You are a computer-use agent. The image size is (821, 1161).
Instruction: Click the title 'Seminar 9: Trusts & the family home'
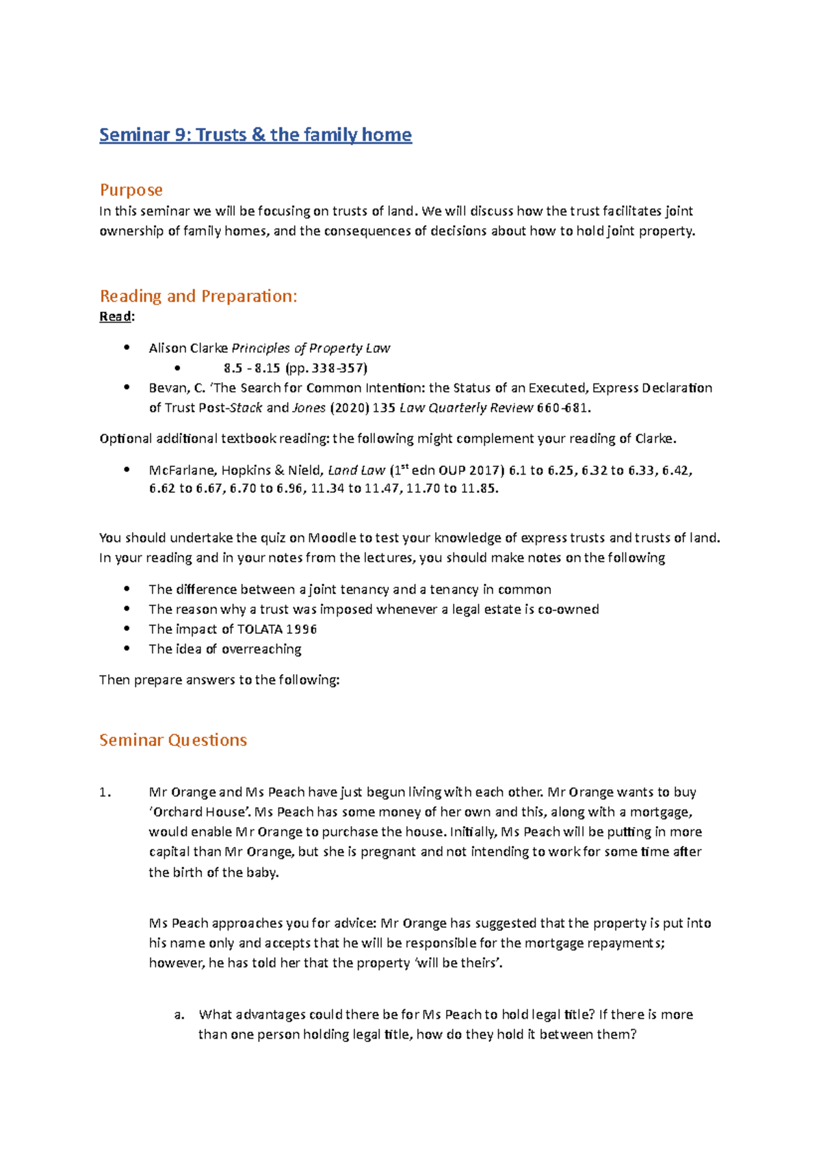(x=255, y=135)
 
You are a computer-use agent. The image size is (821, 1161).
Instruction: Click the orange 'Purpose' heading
(x=131, y=189)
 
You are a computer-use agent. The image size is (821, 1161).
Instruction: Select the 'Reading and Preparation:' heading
(x=198, y=296)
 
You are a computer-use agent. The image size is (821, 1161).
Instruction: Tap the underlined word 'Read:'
(x=117, y=317)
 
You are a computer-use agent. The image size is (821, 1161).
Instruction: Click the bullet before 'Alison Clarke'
(x=127, y=347)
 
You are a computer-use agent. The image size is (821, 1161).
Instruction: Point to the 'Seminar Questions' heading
(x=172, y=740)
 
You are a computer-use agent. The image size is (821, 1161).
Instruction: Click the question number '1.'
(x=105, y=792)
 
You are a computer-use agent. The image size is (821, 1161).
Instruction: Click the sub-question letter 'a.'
(x=179, y=1015)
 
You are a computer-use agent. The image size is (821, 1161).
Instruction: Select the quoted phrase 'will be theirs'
(x=458, y=963)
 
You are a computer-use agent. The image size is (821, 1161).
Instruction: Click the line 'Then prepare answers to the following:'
(x=219, y=680)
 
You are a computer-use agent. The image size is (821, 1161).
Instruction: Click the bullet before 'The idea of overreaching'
(x=127, y=648)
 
